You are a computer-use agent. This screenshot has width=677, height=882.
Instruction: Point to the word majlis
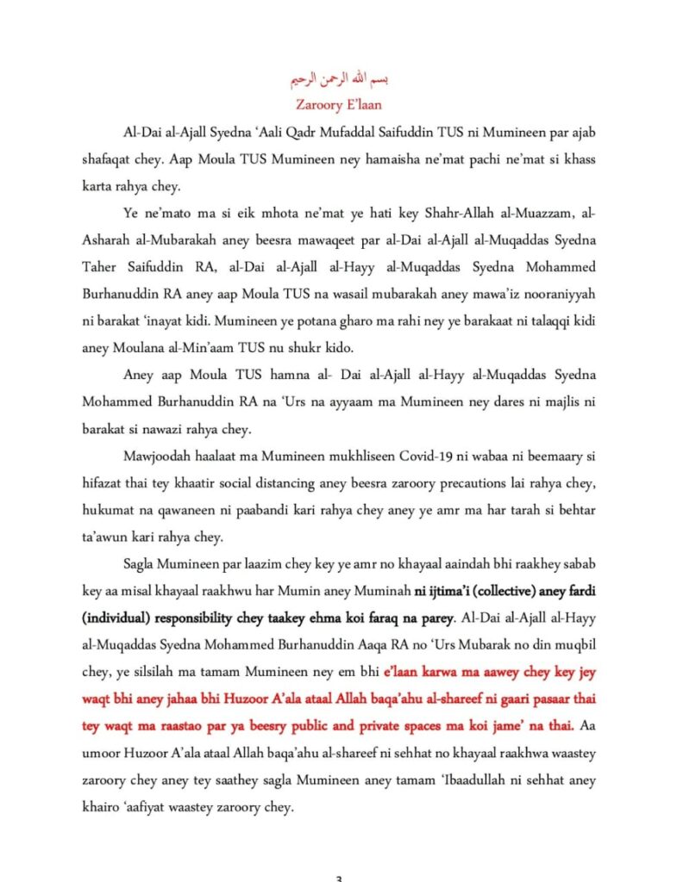point(520,405)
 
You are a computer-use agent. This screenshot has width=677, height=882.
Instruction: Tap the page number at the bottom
point(338,878)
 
